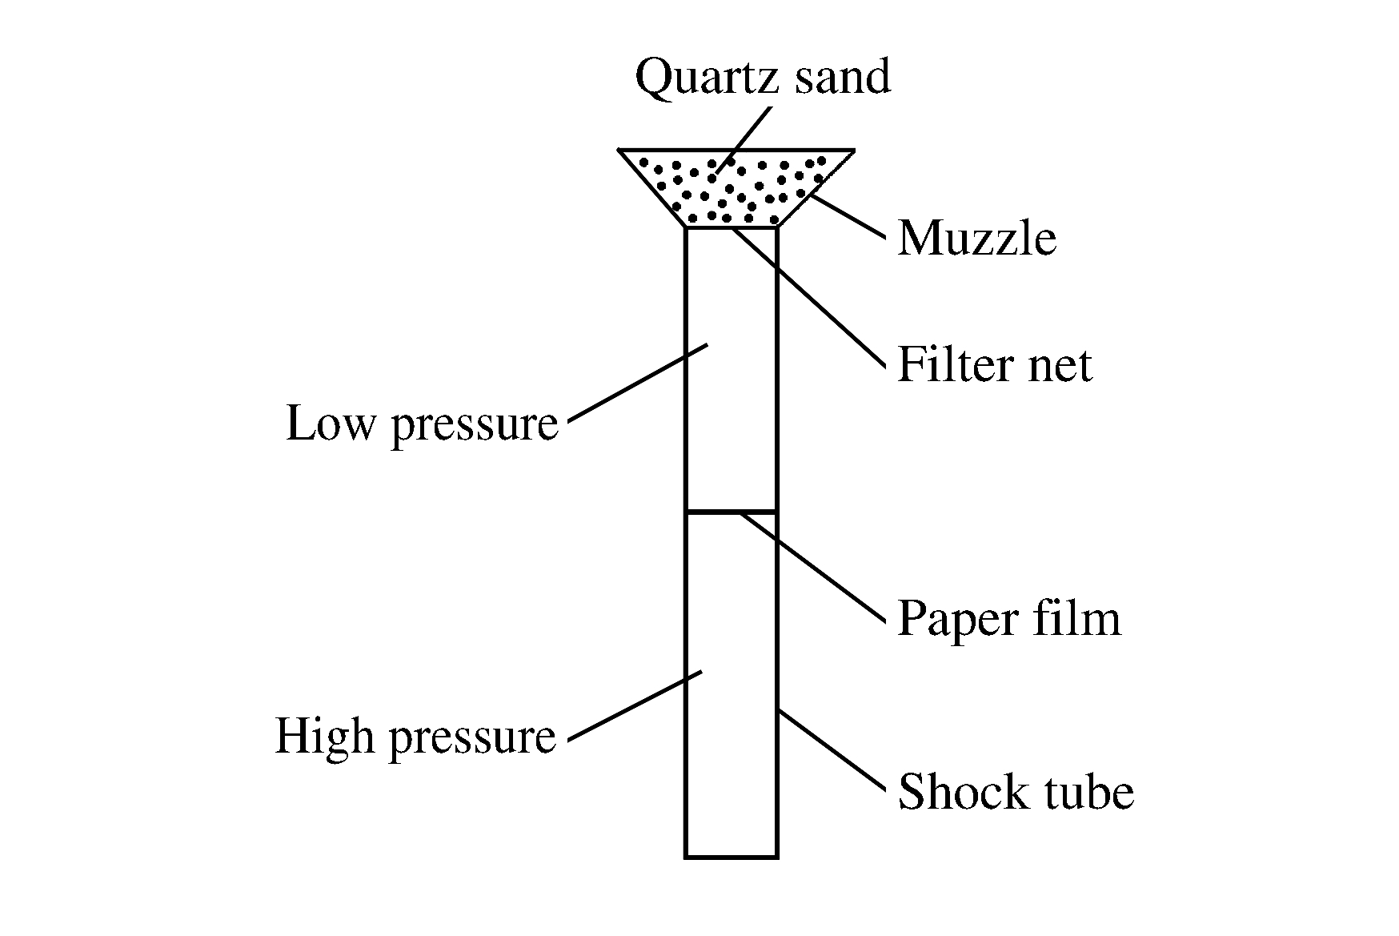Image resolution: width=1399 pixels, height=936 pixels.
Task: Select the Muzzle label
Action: [x=976, y=239]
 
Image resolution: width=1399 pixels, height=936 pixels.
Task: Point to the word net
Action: [x=1061, y=367]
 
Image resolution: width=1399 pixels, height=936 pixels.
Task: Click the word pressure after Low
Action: [x=474, y=425]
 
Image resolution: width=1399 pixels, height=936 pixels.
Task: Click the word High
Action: [x=326, y=736]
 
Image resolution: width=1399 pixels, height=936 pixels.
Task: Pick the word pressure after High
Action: [x=472, y=737]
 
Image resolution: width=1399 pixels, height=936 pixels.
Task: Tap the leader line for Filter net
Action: [x=808, y=296]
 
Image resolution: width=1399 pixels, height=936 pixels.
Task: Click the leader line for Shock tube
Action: [x=832, y=749]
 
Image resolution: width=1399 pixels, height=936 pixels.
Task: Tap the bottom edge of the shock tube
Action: [x=731, y=857]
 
